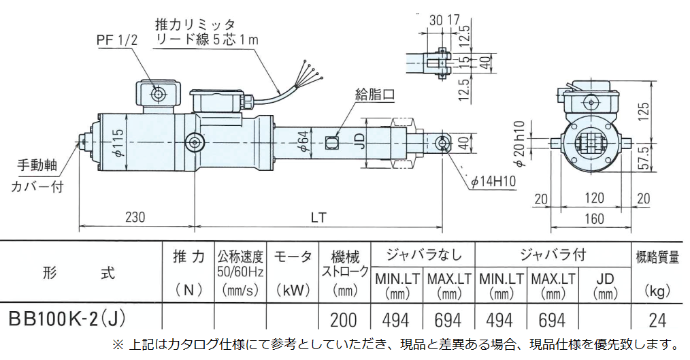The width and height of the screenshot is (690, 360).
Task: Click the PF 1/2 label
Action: [117, 41]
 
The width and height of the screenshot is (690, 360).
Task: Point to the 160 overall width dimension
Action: [594, 219]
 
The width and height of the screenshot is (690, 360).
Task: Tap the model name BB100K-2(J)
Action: [67, 318]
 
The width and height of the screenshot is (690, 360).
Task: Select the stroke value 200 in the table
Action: [344, 319]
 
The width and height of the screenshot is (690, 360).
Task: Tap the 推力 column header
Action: [188, 257]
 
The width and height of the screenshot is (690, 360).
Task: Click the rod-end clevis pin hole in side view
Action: [442, 144]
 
